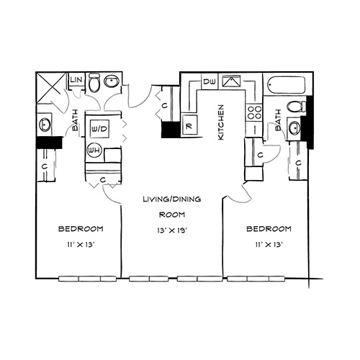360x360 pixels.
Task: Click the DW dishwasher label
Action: [x=210, y=81]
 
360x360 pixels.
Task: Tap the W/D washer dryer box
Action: [x=100, y=129]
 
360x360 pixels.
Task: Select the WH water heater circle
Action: [x=94, y=150]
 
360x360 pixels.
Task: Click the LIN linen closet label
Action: [x=77, y=80]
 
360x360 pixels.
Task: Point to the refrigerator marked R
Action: [x=189, y=125]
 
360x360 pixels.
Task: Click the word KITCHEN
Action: [x=221, y=122]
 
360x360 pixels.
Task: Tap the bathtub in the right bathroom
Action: [x=287, y=85]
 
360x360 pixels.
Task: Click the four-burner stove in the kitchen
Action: [x=254, y=112]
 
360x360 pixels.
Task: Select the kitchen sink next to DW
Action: [x=231, y=81]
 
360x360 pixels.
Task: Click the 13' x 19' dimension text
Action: [x=172, y=230]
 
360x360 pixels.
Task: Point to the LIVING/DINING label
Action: [x=172, y=199]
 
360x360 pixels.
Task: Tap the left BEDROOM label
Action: [x=81, y=229]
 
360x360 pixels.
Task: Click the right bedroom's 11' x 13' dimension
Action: [x=269, y=245]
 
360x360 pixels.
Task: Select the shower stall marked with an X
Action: [x=50, y=87]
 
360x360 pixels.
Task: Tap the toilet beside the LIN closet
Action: [x=94, y=82]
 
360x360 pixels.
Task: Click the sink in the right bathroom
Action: [x=294, y=127]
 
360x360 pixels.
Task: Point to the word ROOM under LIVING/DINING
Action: [x=172, y=215]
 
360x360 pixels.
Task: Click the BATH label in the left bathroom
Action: [x=76, y=120]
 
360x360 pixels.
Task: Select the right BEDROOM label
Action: [x=269, y=229]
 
